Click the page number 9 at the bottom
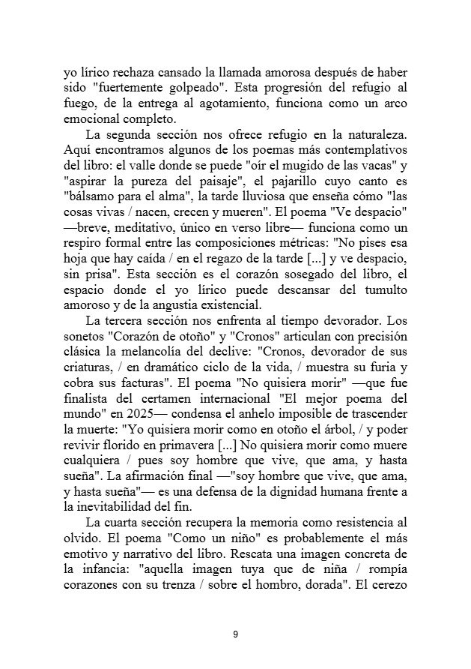click(x=235, y=634)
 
